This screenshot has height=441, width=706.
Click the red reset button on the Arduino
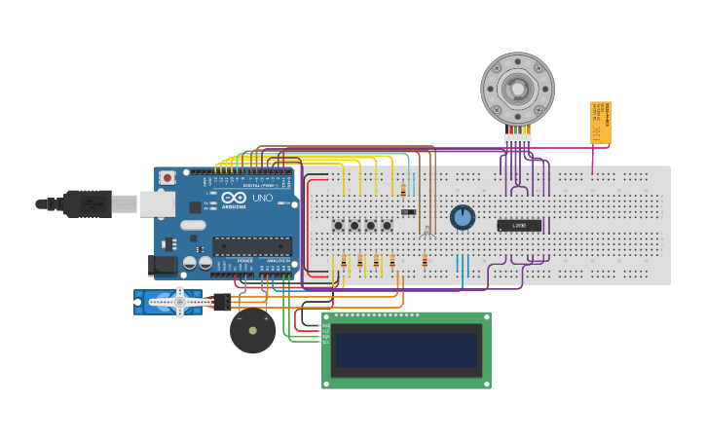point(167,178)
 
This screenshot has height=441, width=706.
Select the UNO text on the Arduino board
point(262,199)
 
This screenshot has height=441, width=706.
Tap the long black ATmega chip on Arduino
point(252,246)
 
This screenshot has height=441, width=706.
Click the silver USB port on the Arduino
point(156,203)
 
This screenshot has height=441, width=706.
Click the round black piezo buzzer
point(252,331)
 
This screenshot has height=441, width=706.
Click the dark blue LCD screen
point(407,350)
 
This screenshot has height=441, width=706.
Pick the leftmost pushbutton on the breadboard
point(338,226)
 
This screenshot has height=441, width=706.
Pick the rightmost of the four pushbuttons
point(387,226)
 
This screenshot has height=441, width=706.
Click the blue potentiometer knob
point(463,217)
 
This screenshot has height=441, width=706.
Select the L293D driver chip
point(519,226)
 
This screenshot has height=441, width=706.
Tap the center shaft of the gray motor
point(518,91)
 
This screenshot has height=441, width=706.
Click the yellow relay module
point(600,123)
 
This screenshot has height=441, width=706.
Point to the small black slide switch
point(408,211)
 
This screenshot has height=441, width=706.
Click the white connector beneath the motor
point(517,139)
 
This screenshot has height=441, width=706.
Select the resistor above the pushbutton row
point(403,191)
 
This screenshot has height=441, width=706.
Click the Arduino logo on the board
point(235,198)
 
